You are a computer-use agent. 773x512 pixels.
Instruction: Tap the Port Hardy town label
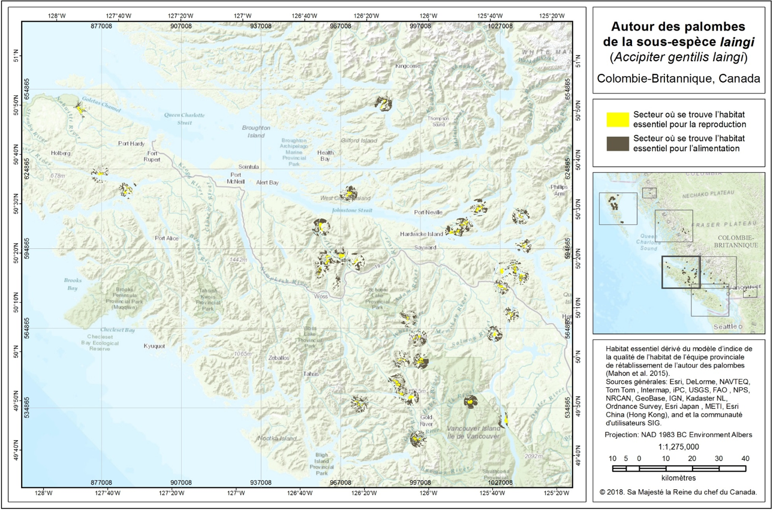click(131, 143)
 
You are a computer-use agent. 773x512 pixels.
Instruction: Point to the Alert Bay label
click(267, 182)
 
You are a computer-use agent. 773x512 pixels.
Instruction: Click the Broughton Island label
click(256, 131)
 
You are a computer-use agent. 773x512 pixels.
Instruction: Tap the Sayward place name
click(425, 247)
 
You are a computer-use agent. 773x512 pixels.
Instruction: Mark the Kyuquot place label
click(154, 346)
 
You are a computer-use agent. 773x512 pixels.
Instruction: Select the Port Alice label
click(167, 238)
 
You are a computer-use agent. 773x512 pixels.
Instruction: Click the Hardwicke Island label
click(422, 234)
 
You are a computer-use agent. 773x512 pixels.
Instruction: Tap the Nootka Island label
click(277, 438)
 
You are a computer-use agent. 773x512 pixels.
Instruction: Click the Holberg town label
click(61, 153)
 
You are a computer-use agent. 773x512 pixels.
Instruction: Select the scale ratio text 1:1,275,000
click(678, 447)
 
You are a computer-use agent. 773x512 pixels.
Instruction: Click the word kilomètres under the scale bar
click(678, 478)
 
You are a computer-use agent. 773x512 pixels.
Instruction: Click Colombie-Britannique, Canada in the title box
click(678, 79)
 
